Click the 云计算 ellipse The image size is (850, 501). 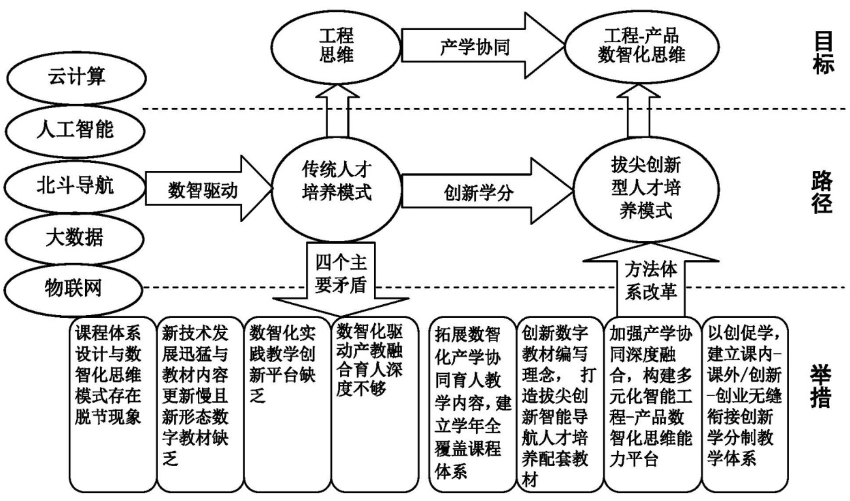pos(76,78)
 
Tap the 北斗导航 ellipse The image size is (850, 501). pos(75,186)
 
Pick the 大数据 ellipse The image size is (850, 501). pos(75,238)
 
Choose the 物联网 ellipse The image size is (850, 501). pos(73,288)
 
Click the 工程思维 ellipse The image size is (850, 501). pos(336,46)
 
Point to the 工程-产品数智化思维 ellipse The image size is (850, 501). pos(641,46)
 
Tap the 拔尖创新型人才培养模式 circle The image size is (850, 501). pos(646,188)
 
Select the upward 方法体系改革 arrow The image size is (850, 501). pos(651,281)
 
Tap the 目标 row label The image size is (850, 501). pos(823,53)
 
